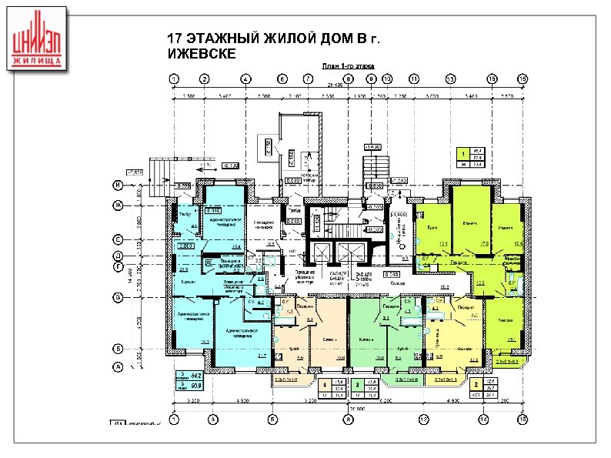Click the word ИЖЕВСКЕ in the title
(198, 53)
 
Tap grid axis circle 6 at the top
(282, 79)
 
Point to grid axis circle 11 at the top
(414, 79)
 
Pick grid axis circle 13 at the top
(449, 79)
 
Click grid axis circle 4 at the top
(245, 79)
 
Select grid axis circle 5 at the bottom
(272, 419)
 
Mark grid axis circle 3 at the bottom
(212, 419)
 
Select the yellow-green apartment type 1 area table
(470, 157)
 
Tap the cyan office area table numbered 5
(185, 379)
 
